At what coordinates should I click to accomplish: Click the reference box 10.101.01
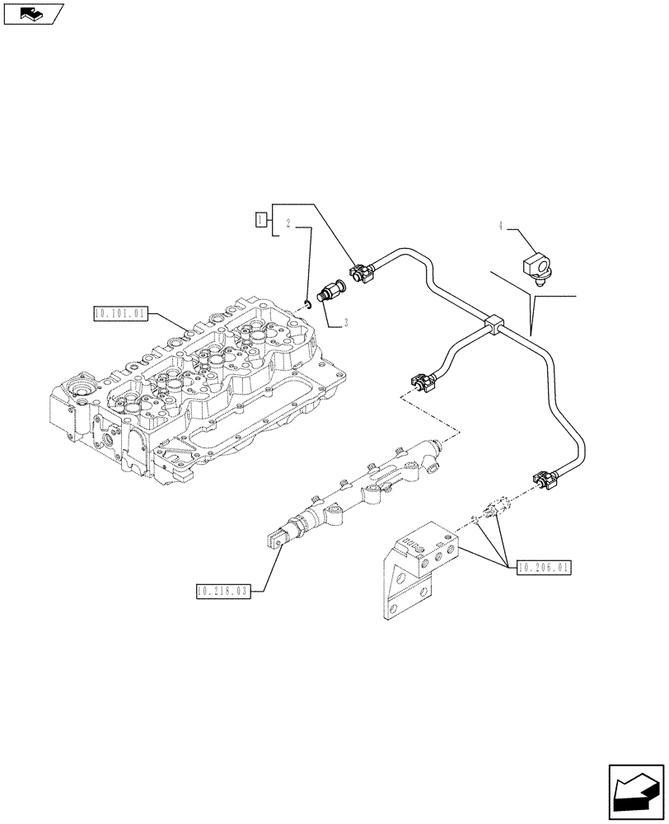pos(121,313)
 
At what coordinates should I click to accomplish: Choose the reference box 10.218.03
pos(222,590)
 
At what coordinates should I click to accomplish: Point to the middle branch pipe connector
pos(421,382)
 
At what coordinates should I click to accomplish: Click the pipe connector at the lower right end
pos(546,479)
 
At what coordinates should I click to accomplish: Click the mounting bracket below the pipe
pos(416,569)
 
